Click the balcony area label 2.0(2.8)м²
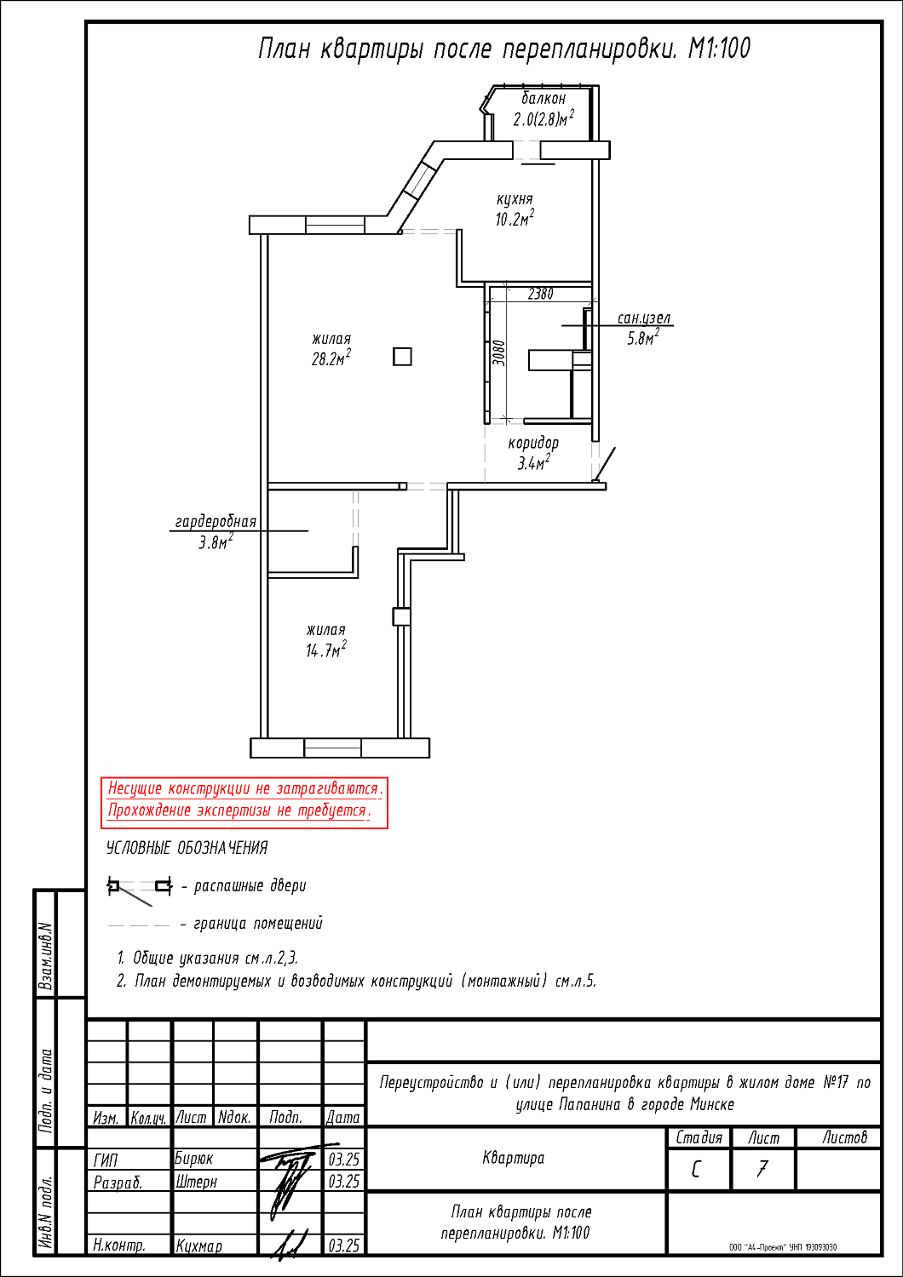click(543, 118)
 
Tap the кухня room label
click(515, 199)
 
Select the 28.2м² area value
click(331, 358)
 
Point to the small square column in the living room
click(402, 357)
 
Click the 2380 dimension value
click(540, 295)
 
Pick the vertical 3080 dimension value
click(498, 353)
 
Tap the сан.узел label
click(644, 318)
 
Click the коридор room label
click(533, 443)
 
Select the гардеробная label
click(216, 522)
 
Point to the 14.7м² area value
click(325, 650)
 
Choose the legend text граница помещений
click(258, 923)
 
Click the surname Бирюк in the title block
click(194, 1159)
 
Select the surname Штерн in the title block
click(196, 1182)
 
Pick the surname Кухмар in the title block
click(199, 1246)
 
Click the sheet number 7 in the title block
click(762, 1170)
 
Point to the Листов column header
click(844, 1138)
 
